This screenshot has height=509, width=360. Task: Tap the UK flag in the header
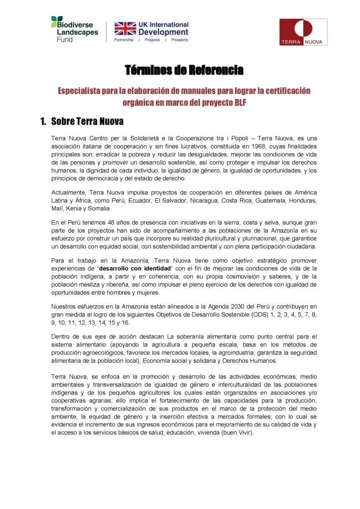(x=125, y=28)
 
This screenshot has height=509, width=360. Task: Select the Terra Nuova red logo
(x=303, y=32)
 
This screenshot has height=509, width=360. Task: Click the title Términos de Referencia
(x=184, y=70)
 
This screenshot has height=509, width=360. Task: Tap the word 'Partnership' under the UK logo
(x=124, y=40)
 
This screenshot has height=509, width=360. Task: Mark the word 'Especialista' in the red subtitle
(x=82, y=91)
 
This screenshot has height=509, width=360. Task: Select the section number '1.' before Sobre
(x=43, y=121)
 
